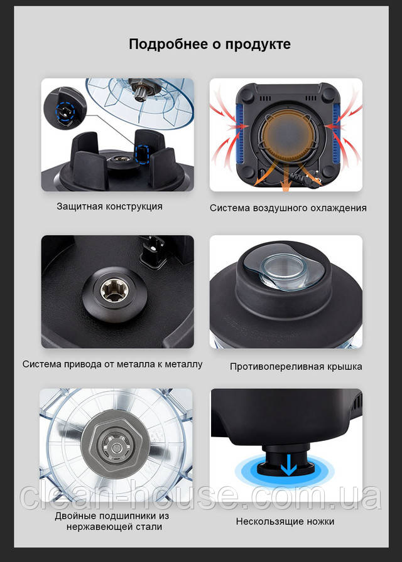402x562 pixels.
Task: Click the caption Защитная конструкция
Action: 109,206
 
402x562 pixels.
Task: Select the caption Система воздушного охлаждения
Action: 288,208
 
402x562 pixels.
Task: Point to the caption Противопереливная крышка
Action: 296,367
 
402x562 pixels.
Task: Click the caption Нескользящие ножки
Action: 285,521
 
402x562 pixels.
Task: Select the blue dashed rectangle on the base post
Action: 143,154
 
